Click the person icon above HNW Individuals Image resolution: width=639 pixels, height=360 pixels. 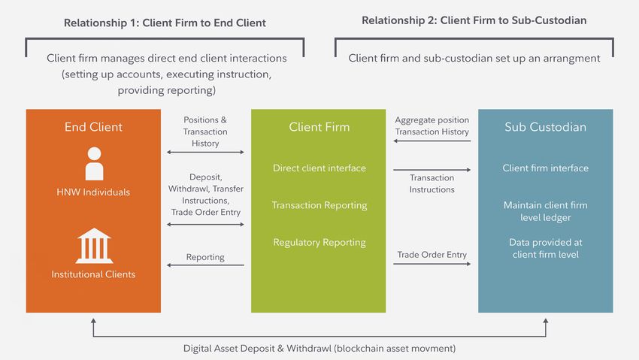pos(94,164)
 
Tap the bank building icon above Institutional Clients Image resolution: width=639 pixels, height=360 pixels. pos(94,246)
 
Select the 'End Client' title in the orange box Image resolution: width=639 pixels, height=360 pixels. pos(93,127)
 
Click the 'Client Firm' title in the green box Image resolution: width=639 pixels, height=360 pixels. pos(319,127)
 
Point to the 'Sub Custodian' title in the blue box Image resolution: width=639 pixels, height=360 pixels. pos(545,127)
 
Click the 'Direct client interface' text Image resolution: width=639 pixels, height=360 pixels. pos(319,168)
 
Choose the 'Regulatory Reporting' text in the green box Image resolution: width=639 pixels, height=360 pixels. pos(319,242)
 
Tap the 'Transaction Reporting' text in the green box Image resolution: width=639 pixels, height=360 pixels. pos(319,205)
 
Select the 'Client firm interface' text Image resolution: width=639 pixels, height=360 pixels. pos(545,168)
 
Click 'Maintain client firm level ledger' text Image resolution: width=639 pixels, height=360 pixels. pos(545,211)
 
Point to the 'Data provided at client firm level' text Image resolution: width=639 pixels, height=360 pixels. pos(545,248)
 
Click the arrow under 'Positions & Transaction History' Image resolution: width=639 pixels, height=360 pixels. pos(205,153)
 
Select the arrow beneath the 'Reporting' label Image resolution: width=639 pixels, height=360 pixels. pos(205,265)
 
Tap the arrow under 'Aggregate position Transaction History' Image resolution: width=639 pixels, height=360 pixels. pos(432,141)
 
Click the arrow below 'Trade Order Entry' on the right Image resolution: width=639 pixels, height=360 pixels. pos(432,264)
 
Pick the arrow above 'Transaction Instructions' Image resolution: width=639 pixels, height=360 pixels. pos(432,169)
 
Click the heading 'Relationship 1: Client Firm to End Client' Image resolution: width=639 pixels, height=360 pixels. pos(165,23)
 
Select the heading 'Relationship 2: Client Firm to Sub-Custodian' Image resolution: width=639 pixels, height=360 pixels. pos(474,20)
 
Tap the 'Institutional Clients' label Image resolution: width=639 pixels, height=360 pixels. pos(93,274)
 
